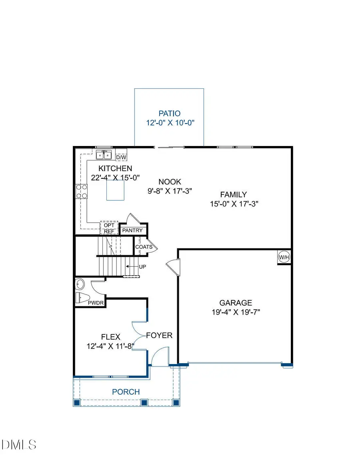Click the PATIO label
point(169,114)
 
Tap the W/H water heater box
point(284,257)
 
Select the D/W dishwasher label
point(121,157)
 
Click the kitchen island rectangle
point(115,190)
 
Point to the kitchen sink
point(104,154)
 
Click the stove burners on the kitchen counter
point(82,191)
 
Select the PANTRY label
point(132,231)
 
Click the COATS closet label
point(144,247)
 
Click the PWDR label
point(96,303)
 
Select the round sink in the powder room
point(80,284)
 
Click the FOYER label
point(159,335)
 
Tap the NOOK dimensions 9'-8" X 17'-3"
point(170,191)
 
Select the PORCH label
point(126,392)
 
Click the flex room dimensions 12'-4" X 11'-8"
point(110,346)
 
